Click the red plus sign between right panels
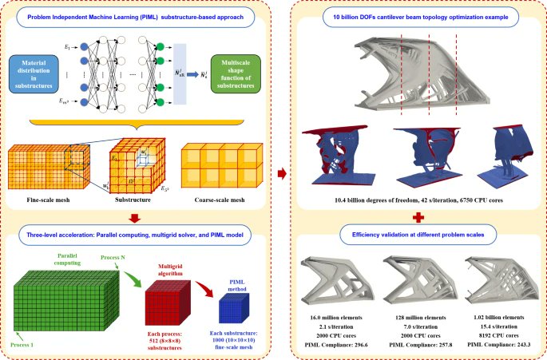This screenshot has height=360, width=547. pos(411,216)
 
